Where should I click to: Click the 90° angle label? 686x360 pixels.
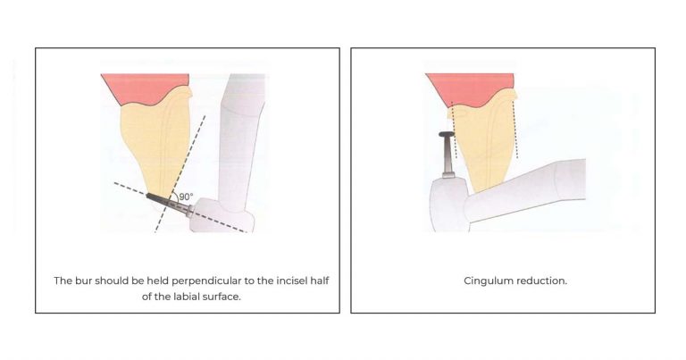pos(187,197)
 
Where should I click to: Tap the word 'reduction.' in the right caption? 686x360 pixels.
pos(541,280)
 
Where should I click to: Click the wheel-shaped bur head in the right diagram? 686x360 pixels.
pos(445,135)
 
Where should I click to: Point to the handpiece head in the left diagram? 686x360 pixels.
pos(214,214)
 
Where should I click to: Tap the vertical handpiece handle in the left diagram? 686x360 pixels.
pos(237,134)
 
